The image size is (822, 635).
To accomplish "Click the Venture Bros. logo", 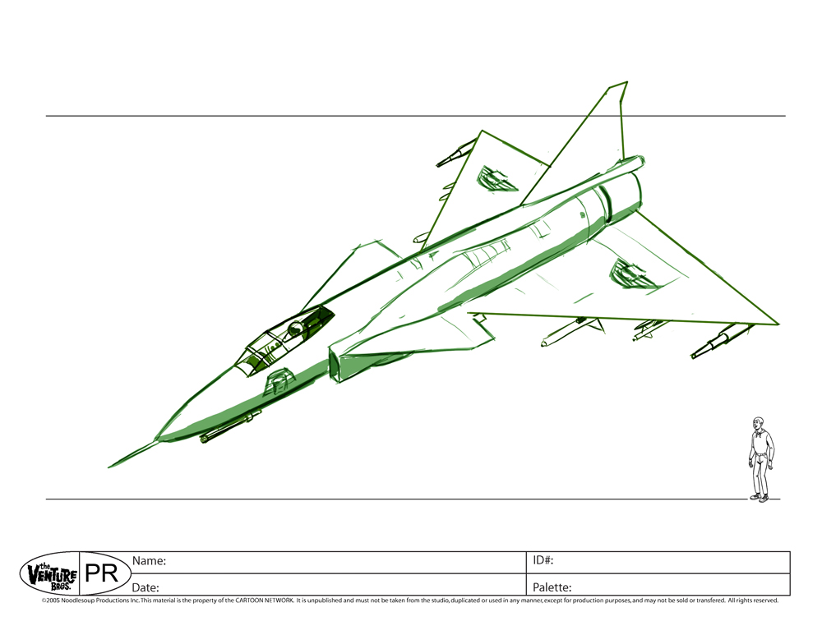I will (48, 573).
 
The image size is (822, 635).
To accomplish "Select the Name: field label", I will (150, 561).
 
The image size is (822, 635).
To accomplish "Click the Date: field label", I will (145, 587).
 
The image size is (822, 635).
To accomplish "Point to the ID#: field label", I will (543, 561).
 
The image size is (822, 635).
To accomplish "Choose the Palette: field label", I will (552, 587).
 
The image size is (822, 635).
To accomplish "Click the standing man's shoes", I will (760, 497).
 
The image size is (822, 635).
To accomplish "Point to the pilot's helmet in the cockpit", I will (295, 328).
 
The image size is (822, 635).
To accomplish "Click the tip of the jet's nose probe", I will (109, 467).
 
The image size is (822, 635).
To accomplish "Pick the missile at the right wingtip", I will (719, 340).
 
